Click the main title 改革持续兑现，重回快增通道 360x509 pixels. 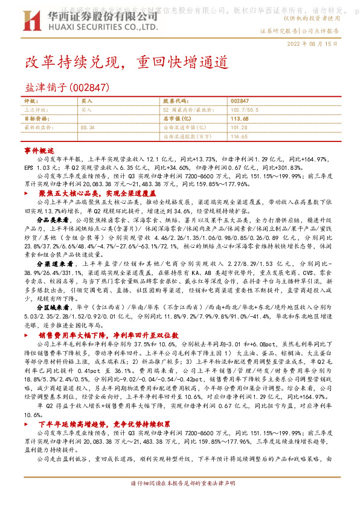pos(126,62)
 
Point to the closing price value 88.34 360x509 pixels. pos(88,128)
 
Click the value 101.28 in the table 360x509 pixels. pos(239,128)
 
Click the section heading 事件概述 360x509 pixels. pos(39,149)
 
